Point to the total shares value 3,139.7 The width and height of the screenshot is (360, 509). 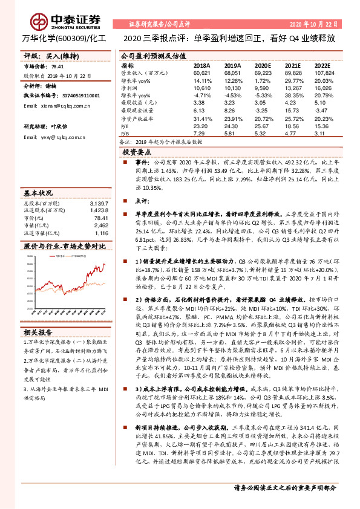[x=97, y=204]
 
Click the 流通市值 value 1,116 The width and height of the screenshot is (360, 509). [x=101, y=233]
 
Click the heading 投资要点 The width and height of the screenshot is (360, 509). [x=137, y=152]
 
